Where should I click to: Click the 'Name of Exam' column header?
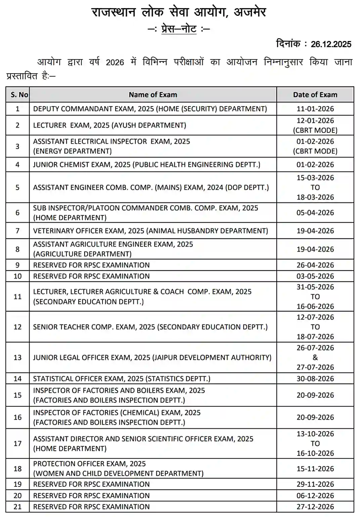(153, 95)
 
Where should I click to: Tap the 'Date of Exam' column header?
(315, 95)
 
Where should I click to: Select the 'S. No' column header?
(19, 95)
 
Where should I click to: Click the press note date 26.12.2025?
(331, 44)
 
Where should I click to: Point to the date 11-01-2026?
(315, 109)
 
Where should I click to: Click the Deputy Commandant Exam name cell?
(150, 109)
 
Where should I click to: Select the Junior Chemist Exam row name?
(146, 164)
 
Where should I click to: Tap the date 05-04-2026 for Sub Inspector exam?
(315, 213)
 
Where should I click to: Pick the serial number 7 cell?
(17, 231)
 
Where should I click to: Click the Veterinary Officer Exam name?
(150, 231)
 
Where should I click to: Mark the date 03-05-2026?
(315, 276)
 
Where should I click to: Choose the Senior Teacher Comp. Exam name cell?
(150, 327)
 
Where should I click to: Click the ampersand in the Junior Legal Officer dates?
(315, 357)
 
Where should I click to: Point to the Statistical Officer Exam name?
(122, 379)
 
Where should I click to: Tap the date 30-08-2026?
(315, 379)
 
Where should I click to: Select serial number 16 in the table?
(17, 417)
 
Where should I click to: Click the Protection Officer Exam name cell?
(118, 468)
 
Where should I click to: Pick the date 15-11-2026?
(315, 468)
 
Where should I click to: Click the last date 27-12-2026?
(315, 507)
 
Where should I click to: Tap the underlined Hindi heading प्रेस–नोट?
(179, 29)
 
